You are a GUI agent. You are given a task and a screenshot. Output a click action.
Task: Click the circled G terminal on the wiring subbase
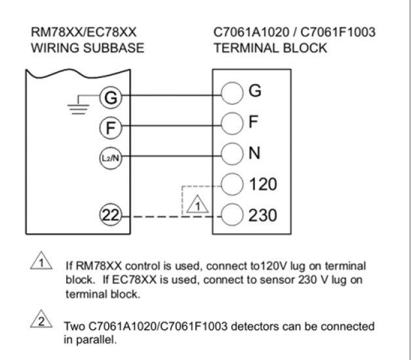(110, 99)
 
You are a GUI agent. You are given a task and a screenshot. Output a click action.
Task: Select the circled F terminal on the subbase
(110, 127)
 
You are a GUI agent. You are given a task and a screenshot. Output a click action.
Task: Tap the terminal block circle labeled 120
(233, 184)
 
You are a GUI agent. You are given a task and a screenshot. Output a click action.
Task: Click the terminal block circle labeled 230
(233, 215)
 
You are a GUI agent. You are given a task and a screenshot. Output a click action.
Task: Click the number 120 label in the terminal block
(264, 184)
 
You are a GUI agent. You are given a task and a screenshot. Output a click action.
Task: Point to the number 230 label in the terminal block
(264, 214)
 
